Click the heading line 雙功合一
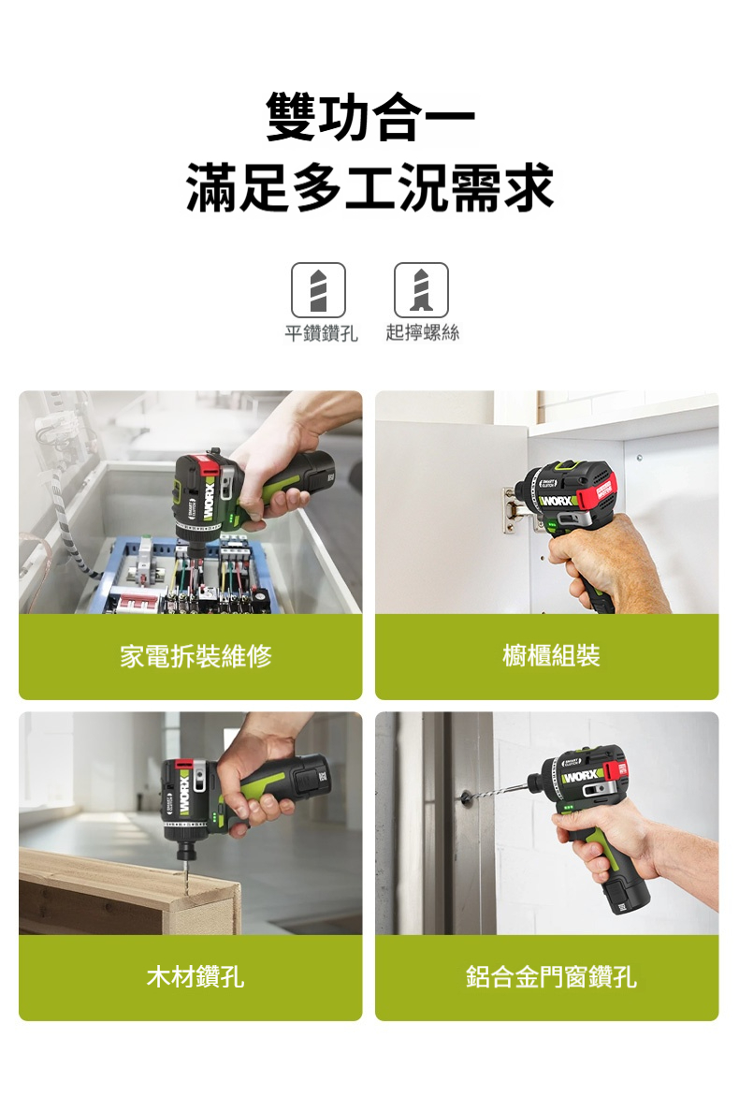pos(370,118)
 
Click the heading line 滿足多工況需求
pos(369,187)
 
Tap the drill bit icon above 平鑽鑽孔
pos(318,289)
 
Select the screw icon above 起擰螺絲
pos(421,289)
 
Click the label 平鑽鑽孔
pos(321,333)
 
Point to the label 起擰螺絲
pos(422,333)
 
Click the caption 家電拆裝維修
pos(196,656)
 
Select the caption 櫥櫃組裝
pos(552,656)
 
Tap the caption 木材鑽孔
pos(196,976)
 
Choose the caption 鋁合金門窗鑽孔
pos(552,976)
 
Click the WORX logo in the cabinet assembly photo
pos(558,501)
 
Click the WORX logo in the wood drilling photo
pos(184,794)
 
